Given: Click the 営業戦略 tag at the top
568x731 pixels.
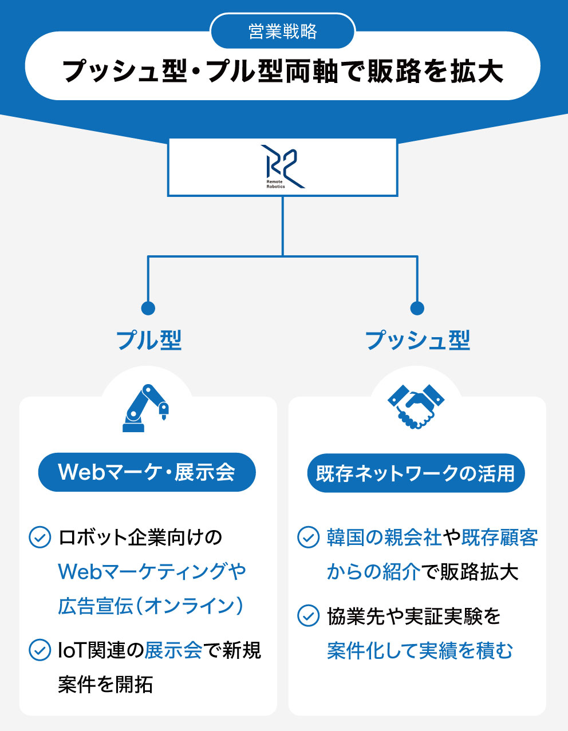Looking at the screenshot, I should pos(283,31).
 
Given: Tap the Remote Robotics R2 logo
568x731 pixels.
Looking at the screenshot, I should pos(283,167).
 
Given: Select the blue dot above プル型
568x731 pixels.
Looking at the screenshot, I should pos(148,308).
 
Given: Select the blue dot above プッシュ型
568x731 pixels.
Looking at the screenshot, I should pos(417,308).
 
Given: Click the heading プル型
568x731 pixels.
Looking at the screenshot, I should pos(149,340).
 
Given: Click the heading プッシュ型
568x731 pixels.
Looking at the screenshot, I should pos(417,340).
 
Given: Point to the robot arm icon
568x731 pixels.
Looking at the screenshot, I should pos(147,408).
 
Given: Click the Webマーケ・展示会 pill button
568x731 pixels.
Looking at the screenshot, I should pos(147,472).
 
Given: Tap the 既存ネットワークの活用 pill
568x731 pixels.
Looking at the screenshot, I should pos(416,473).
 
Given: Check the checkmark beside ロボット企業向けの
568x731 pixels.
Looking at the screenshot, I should pos(40,538).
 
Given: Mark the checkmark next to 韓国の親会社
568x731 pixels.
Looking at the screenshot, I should pos(308,538).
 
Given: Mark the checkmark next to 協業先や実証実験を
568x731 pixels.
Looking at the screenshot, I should pos(308,616).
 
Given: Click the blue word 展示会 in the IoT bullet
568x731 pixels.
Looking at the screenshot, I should pos(173,650).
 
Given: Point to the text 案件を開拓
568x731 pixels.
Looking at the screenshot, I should pos(105,684).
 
